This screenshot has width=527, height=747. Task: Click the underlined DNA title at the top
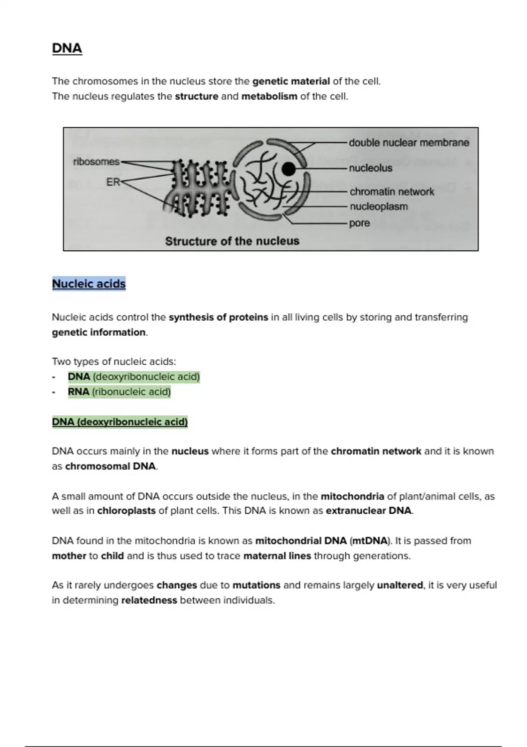coord(67,48)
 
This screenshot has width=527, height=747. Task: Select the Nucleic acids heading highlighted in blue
coord(89,284)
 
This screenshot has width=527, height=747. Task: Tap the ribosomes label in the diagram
coord(96,162)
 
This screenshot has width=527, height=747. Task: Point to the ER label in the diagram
coord(113,182)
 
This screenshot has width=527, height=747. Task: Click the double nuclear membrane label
coord(409,143)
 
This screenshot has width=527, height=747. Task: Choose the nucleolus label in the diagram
coord(371,168)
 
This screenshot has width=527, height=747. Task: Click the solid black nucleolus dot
coord(288,169)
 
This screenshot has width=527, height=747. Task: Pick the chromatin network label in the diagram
coord(392,192)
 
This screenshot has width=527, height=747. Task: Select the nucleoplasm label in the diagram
coord(379,207)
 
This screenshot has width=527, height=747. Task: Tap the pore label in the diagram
coord(359,223)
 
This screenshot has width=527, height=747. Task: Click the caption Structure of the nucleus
coord(232,241)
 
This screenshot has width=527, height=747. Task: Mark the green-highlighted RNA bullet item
coord(119,392)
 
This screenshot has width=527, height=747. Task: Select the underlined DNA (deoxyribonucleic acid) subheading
coord(119,422)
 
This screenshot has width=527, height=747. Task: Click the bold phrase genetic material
coord(291,81)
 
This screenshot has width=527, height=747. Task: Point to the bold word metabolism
coord(269,96)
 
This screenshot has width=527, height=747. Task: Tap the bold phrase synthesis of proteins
coord(218,317)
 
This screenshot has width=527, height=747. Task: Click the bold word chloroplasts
coord(126,511)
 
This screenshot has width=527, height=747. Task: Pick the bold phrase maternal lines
coord(277,556)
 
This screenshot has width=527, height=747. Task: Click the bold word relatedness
coord(149,600)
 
